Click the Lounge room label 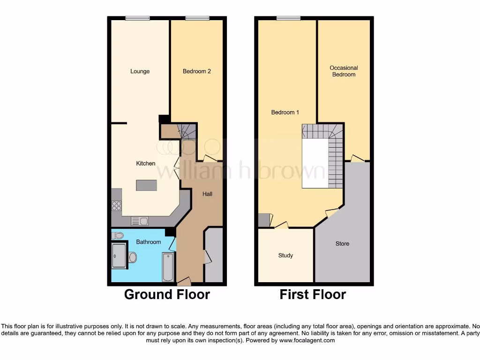click(140, 71)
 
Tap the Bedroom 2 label click(196, 71)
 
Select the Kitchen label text click(145, 164)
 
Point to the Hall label click(207, 194)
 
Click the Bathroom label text click(148, 242)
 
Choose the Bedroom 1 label click(285, 112)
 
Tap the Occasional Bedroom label click(344, 71)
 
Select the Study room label click(285, 255)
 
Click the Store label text click(342, 244)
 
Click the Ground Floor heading click(167, 294)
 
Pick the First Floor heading click(313, 294)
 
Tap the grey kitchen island click(146, 185)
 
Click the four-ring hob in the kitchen click(116, 205)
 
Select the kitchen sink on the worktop click(140, 221)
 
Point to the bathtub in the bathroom click(168, 267)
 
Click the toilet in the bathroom click(118, 235)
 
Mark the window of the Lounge click(137, 18)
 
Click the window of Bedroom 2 click(197, 18)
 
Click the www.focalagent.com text click(307, 340)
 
